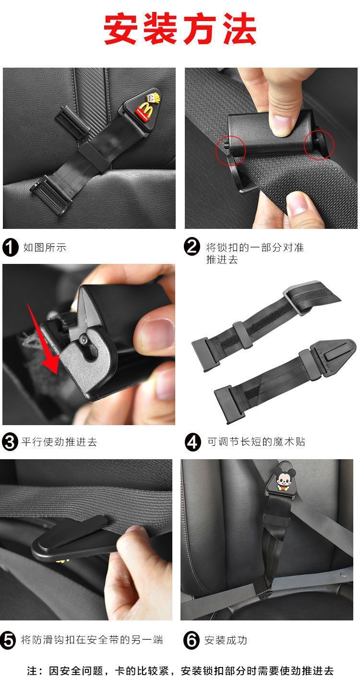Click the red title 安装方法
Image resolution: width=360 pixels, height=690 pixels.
coord(180,29)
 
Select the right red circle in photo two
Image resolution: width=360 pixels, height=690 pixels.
coord(319,144)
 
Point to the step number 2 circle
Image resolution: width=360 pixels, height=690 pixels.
coord(192,247)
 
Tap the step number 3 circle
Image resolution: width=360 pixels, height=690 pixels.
coord(10,442)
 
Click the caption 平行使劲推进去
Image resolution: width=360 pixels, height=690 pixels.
coord(59,442)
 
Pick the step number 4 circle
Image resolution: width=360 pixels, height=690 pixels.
coord(192,442)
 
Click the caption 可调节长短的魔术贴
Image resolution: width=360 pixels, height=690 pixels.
coord(256,442)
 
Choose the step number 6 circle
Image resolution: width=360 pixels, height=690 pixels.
coord(191,640)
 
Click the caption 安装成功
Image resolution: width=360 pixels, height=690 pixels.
coord(225,640)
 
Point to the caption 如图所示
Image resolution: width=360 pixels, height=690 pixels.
coord(45,248)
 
